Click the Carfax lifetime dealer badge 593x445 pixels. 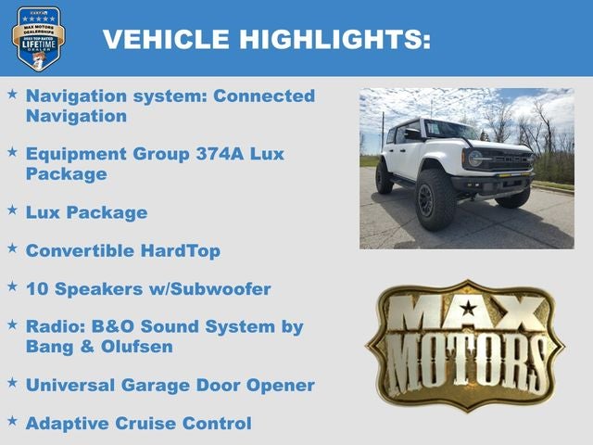pyautogui.click(x=38, y=38)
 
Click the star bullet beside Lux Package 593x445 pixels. pyautogui.click(x=12, y=210)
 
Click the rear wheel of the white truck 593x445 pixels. pyautogui.click(x=384, y=177)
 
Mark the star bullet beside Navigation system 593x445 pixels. pyautogui.click(x=12, y=94)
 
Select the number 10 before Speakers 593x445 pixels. pyautogui.click(x=37, y=289)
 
